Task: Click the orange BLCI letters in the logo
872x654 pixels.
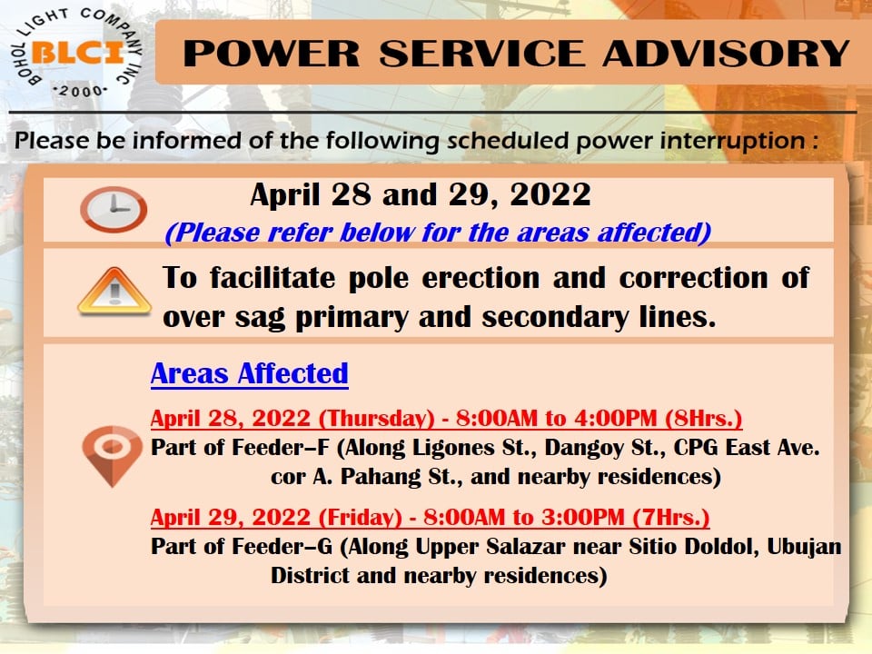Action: (x=78, y=53)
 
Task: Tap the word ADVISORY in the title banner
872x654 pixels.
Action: (x=726, y=54)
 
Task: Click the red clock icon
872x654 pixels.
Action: (x=114, y=210)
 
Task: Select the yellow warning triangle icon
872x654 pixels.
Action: (x=114, y=291)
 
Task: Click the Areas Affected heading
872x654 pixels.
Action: (x=249, y=373)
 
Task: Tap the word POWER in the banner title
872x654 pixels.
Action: (x=272, y=54)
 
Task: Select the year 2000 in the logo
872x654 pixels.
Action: (x=80, y=91)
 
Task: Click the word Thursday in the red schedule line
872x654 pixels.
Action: (x=376, y=418)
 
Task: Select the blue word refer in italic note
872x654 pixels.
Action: (x=300, y=232)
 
